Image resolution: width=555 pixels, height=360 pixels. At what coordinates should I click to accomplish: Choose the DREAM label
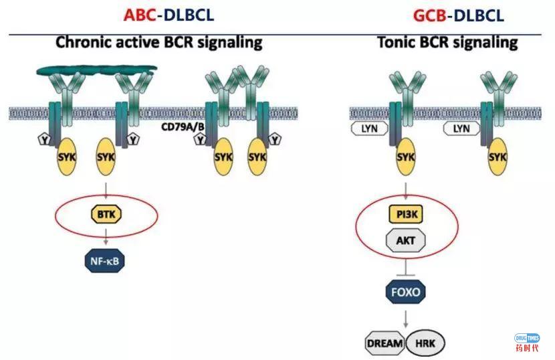coord(385,343)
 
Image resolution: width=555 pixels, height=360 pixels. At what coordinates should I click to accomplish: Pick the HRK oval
coord(425,343)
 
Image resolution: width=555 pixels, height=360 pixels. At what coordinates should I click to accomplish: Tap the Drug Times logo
coord(528,342)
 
